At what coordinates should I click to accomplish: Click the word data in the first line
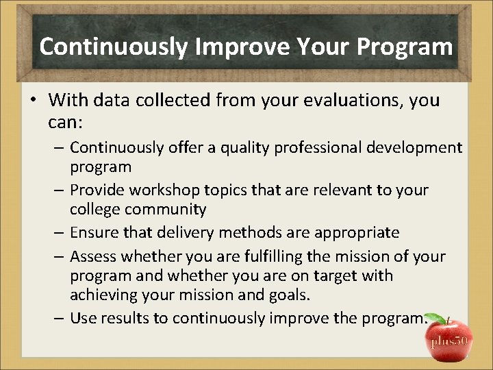point(114,101)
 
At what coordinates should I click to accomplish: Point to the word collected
point(175,101)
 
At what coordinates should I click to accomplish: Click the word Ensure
point(94,233)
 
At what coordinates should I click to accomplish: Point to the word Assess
point(94,257)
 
